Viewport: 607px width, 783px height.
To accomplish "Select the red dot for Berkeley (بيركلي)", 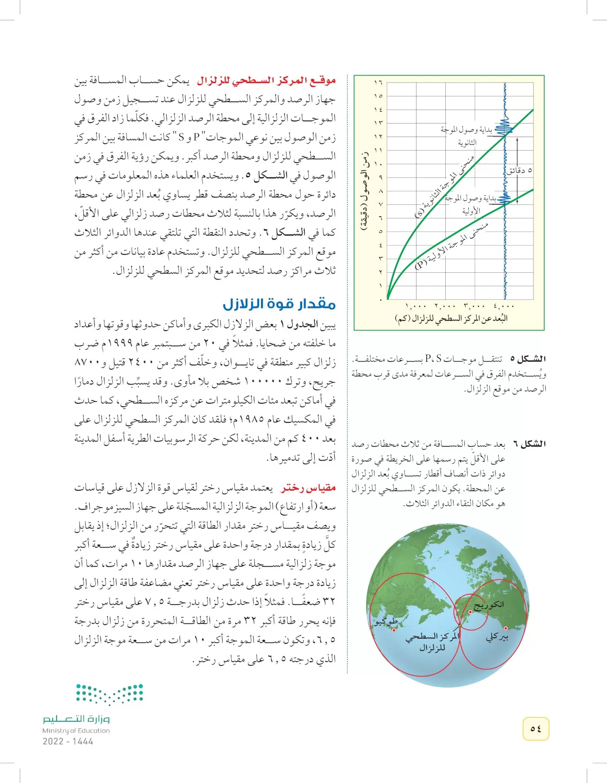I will coord(506,628).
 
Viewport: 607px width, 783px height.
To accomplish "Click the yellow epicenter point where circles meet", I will coord(459,626).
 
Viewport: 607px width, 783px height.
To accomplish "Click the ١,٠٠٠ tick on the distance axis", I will coord(416,307).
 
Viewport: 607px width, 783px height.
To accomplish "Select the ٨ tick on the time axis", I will coord(380,191).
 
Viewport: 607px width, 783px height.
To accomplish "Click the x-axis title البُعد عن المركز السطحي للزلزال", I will coord(451,319).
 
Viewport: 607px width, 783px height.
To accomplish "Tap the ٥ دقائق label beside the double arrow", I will coord(519,171).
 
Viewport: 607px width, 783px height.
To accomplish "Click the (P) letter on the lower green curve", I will coord(421,264).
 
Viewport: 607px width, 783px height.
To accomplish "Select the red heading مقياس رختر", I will coord(308,488).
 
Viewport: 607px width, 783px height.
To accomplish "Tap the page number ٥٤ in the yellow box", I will coord(536,729).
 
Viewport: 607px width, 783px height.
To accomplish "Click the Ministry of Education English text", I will coord(76,731).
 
